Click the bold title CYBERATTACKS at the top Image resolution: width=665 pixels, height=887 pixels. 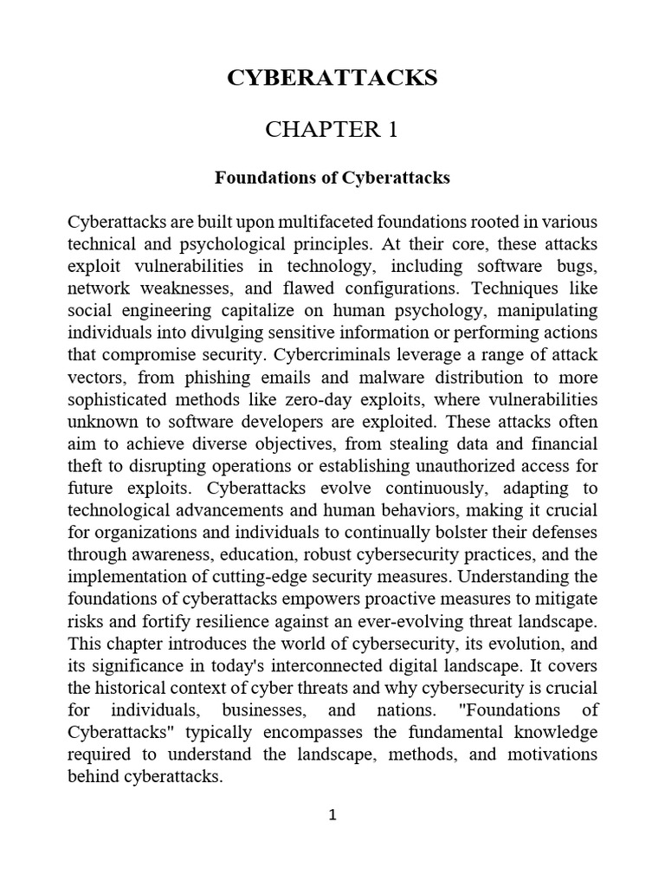[332, 79]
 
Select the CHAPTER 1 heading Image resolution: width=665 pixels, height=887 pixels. [332, 131]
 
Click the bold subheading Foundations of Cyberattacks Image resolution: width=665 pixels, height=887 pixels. [332, 178]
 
